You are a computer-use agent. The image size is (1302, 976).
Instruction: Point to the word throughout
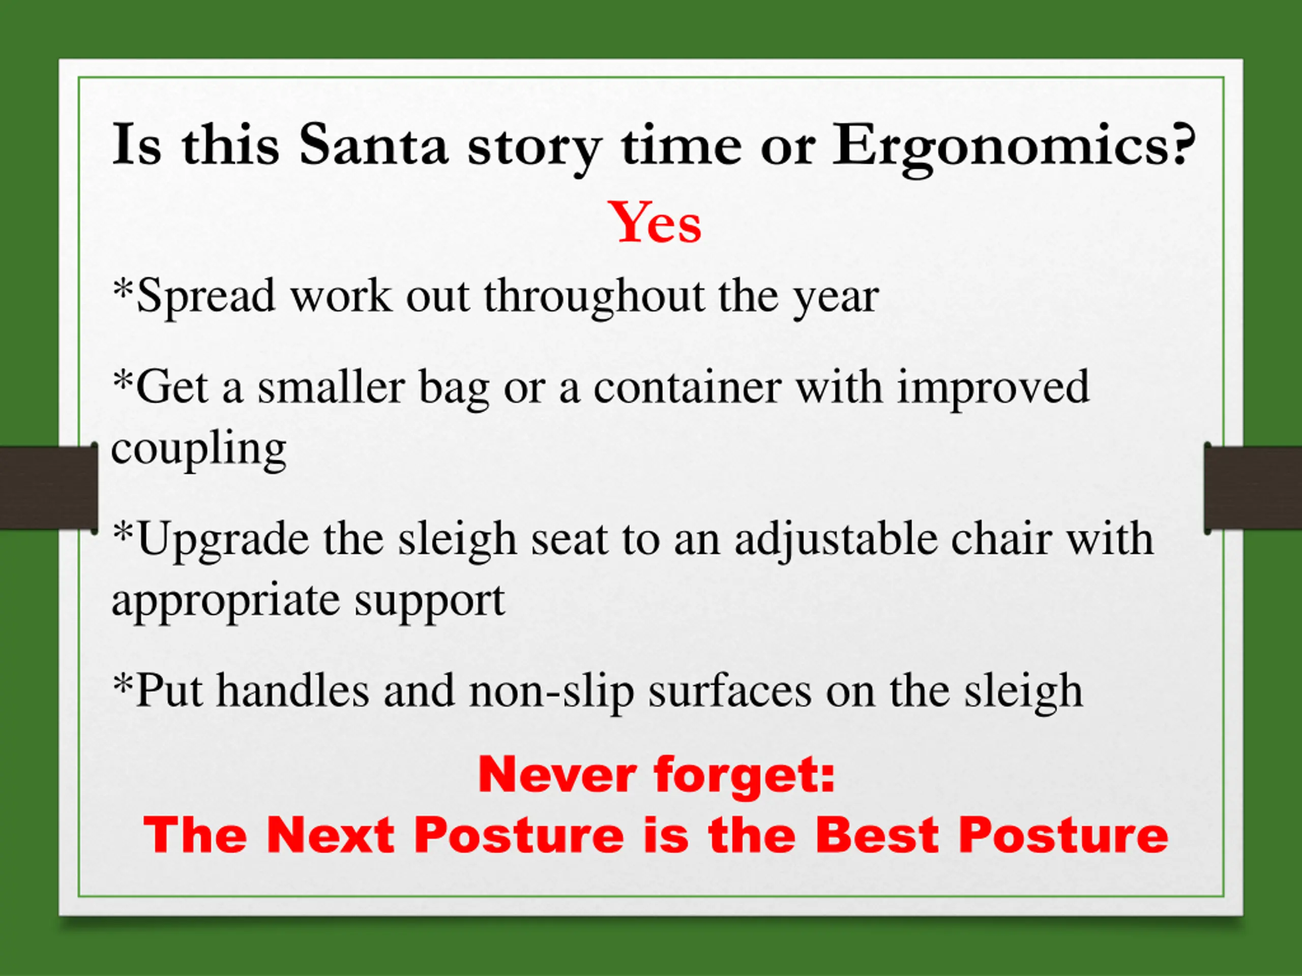[x=594, y=297]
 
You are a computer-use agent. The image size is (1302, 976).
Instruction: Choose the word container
[x=688, y=388]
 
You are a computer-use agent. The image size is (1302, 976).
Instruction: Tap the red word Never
[x=557, y=775]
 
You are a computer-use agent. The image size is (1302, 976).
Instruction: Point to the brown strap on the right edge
[x=1253, y=487]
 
